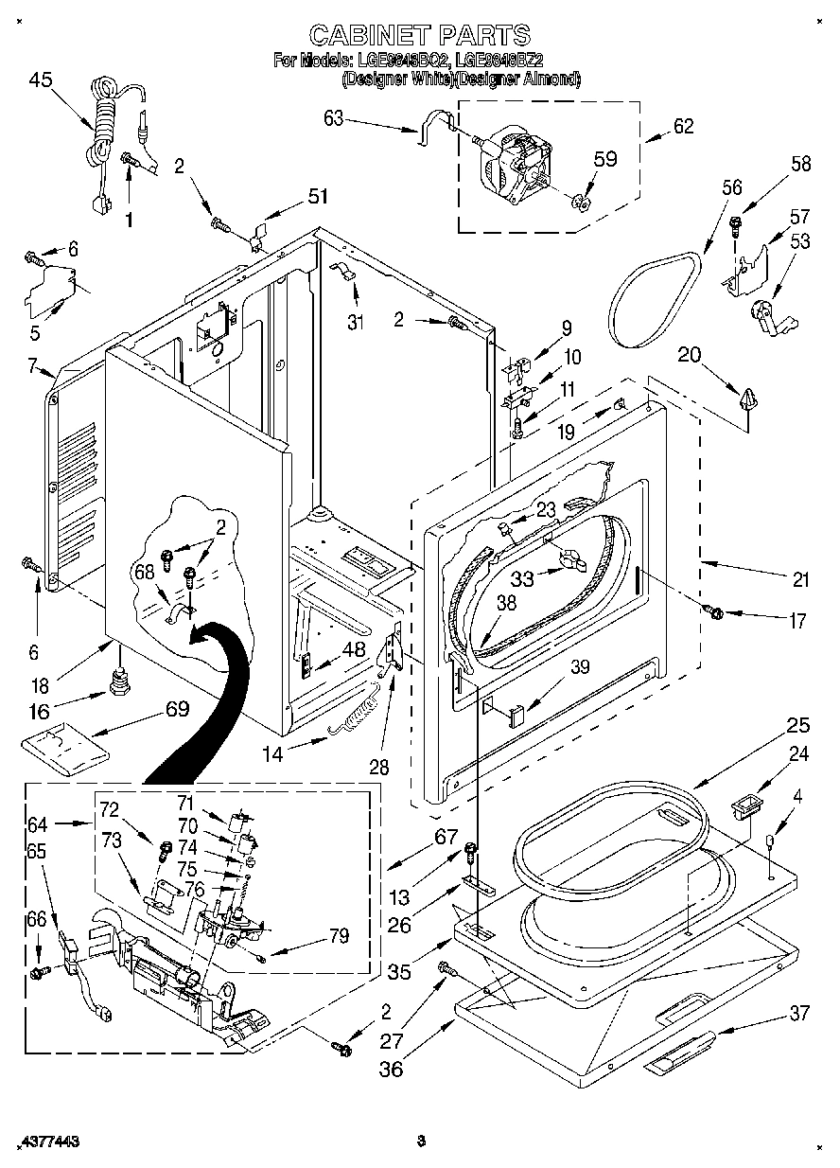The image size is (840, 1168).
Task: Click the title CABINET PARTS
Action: click(x=420, y=36)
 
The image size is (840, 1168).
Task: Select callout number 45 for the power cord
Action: click(x=41, y=80)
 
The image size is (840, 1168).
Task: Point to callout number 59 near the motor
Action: click(x=605, y=159)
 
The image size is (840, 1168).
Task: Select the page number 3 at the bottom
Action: click(x=422, y=1141)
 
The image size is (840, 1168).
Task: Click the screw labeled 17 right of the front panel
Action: click(x=715, y=612)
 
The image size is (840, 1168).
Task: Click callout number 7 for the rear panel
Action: click(x=32, y=364)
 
